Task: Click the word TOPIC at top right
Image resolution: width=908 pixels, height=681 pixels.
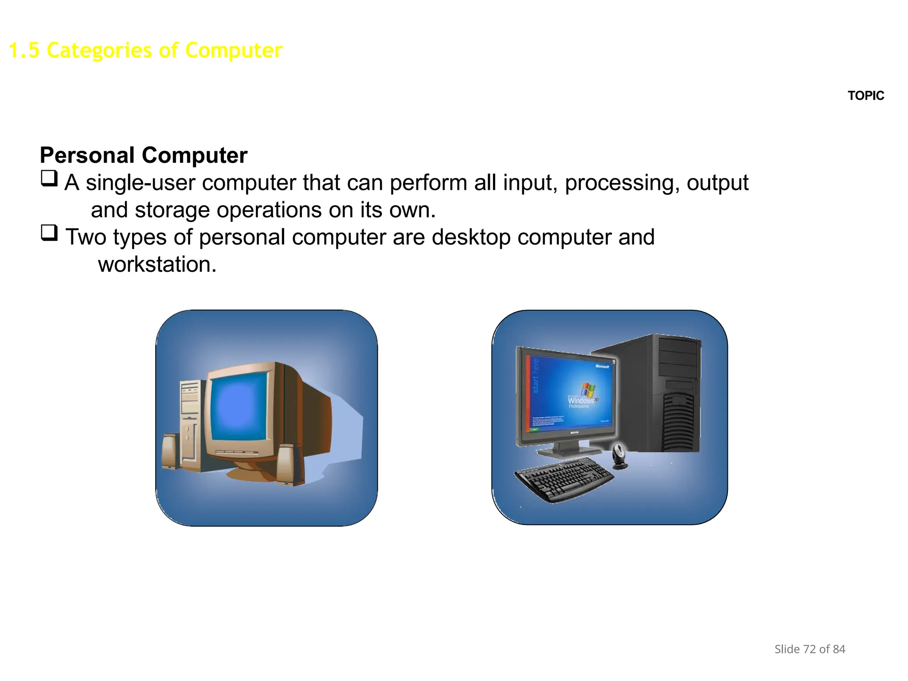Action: (865, 96)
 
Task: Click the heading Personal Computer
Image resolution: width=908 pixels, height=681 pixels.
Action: (143, 156)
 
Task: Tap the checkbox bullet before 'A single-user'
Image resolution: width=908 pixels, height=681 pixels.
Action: (49, 179)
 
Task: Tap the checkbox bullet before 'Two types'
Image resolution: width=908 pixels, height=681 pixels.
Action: (49, 233)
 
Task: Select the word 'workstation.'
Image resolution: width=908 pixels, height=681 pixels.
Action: (157, 265)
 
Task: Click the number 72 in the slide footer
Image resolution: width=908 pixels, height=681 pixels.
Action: (809, 649)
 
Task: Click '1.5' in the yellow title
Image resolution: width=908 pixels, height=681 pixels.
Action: (24, 50)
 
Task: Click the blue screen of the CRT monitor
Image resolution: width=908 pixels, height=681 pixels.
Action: (239, 406)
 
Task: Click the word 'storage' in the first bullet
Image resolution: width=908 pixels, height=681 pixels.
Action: (172, 210)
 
